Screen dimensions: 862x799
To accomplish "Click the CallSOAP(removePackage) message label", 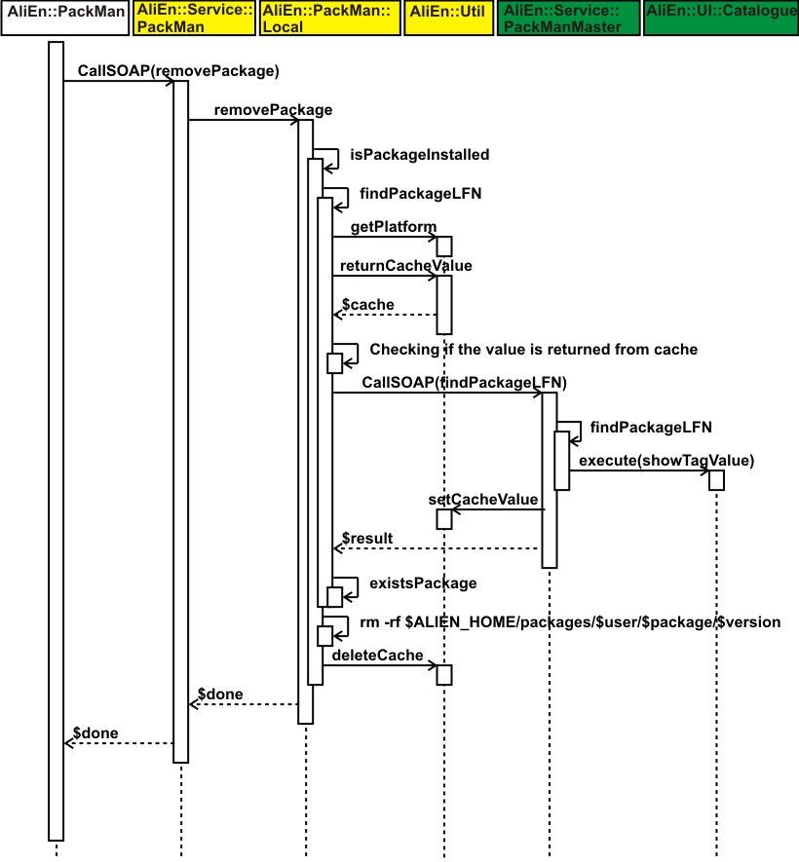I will pos(178,71).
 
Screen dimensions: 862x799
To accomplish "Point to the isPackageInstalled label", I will pos(419,155).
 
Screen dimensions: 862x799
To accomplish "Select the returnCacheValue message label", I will pos(405,265).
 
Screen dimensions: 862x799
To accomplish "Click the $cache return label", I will pos(368,305).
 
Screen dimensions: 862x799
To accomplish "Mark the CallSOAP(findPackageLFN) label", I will pos(464,383).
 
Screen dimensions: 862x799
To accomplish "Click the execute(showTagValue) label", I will pos(666,460).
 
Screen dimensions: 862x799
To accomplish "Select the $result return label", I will pos(367,539).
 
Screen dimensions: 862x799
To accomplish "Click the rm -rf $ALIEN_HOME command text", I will pos(570,622).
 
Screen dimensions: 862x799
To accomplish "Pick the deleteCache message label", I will pos(378,656).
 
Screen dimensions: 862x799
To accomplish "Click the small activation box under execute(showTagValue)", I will pos(717,480).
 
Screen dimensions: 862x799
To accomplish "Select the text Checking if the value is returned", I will pos(533,350).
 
